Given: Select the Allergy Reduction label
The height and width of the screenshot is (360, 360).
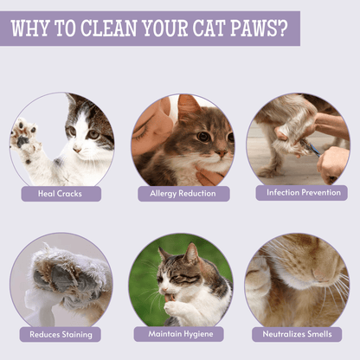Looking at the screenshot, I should point(183,193).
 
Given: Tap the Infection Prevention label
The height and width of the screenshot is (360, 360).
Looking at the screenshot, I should point(301,192).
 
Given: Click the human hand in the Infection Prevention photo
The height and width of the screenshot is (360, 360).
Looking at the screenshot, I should point(331,162).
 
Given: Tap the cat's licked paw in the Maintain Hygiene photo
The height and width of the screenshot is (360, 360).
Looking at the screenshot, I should point(176,306).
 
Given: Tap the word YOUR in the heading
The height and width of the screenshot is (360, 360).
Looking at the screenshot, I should point(162,28).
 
